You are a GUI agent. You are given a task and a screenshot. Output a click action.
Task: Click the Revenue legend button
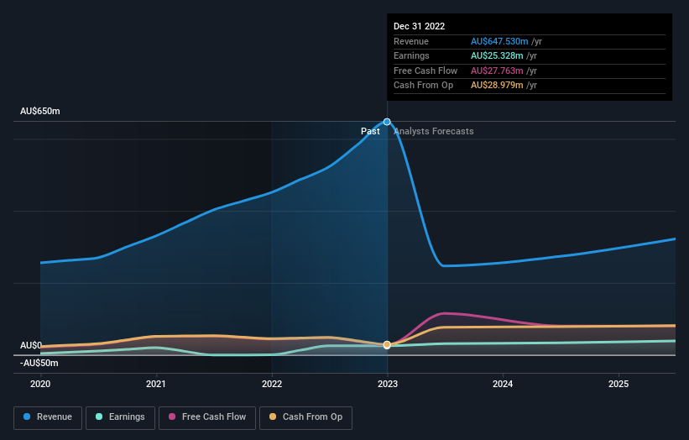[48, 417]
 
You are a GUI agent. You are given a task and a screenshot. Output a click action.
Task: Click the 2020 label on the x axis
[40, 384]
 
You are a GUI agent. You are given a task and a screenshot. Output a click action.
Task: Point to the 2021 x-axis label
[156, 384]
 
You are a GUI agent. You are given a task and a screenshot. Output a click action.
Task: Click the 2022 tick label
[272, 384]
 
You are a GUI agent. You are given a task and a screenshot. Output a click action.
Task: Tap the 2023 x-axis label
[388, 384]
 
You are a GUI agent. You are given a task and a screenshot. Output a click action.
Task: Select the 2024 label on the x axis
[503, 384]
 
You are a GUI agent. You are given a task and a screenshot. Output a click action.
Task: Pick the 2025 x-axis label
[619, 384]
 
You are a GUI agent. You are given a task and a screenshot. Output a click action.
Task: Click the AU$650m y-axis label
[40, 111]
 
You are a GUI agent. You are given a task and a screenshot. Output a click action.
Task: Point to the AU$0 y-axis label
[31, 345]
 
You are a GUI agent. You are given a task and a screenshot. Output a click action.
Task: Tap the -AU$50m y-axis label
[39, 363]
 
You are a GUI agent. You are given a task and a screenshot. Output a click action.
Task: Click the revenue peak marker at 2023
[387, 122]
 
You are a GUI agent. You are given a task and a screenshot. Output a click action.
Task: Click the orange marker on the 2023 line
[387, 345]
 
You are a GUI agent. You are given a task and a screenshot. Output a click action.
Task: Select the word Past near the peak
[370, 132]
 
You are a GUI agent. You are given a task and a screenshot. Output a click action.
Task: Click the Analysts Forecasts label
[433, 132]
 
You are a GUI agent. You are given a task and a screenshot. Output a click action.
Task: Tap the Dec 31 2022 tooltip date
[420, 26]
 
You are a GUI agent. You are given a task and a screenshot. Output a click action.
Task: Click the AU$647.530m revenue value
[500, 41]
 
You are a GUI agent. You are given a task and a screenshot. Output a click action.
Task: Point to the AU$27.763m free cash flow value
[497, 71]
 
